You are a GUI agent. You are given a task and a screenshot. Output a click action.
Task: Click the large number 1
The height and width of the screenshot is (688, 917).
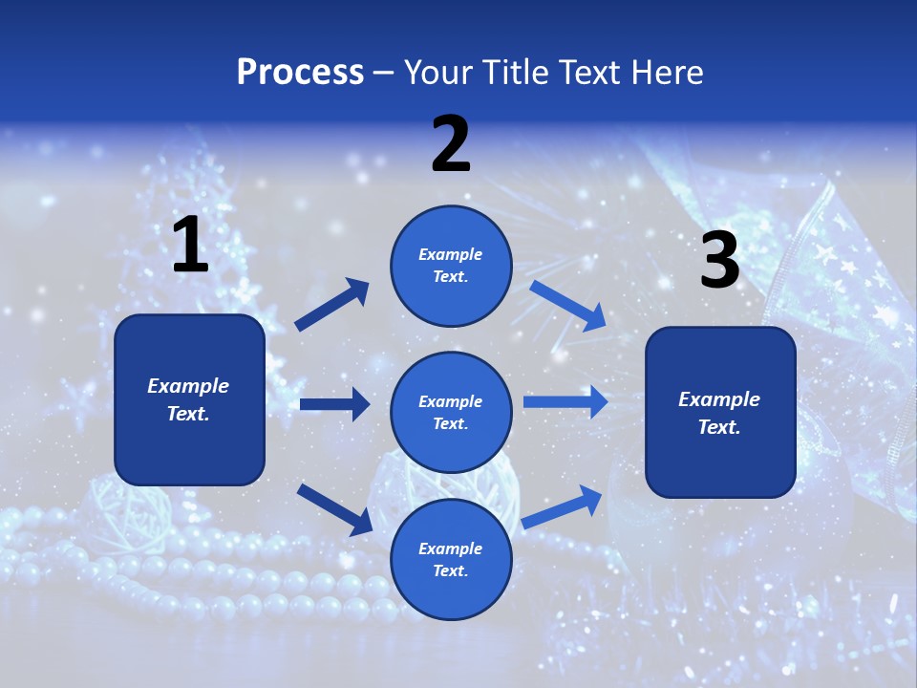(x=190, y=246)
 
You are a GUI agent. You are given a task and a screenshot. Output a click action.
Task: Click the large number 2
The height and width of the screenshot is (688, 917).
(x=451, y=144)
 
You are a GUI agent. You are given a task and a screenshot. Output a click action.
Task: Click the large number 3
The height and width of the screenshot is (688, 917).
(x=719, y=261)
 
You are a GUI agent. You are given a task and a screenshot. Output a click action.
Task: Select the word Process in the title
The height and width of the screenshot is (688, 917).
(x=300, y=73)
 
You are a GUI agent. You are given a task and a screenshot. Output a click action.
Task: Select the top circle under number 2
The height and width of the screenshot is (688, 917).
(x=451, y=266)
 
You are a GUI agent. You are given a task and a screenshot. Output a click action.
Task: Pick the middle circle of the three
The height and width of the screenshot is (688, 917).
(x=451, y=412)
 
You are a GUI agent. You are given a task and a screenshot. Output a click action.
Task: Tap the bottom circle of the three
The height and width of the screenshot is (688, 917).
(x=451, y=559)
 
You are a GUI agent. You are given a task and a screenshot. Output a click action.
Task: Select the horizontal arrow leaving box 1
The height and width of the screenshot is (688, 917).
(x=334, y=404)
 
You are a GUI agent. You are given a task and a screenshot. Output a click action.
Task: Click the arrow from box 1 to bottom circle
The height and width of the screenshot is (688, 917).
(x=334, y=509)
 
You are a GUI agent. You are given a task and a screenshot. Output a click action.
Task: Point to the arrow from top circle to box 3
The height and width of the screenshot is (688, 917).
(x=567, y=306)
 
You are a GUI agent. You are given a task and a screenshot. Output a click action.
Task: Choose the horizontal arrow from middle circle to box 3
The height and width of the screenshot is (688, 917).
(x=565, y=402)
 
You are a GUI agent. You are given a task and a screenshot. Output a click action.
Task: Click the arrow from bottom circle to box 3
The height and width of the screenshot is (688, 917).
(x=563, y=507)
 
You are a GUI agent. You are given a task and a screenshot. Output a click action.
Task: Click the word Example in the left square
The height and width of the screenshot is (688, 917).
(x=188, y=386)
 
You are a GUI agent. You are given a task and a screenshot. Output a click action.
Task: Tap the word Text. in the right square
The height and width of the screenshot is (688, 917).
(x=719, y=427)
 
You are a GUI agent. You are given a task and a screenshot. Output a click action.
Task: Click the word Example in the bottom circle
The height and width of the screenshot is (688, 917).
(x=451, y=548)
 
